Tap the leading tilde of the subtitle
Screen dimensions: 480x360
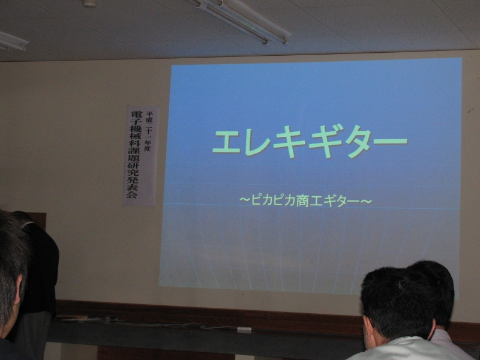245,200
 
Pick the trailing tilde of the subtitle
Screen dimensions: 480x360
367,201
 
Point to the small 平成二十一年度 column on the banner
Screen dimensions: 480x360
148,131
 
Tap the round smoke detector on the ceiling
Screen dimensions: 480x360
89,3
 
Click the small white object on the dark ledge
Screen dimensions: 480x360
244,329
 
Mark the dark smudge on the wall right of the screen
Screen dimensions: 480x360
470,110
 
